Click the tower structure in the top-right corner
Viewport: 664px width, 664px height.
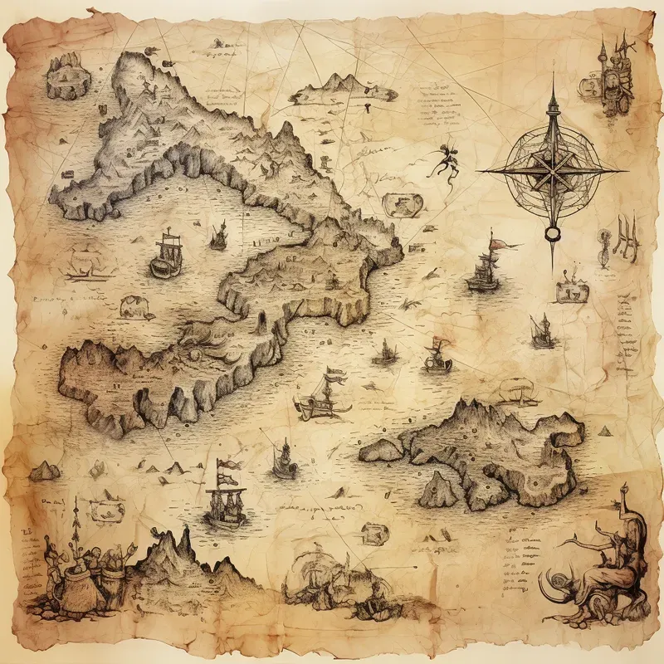click(615, 71)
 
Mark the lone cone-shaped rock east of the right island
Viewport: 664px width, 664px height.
click(605, 431)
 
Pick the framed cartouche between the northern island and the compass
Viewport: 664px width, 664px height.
click(398, 203)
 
